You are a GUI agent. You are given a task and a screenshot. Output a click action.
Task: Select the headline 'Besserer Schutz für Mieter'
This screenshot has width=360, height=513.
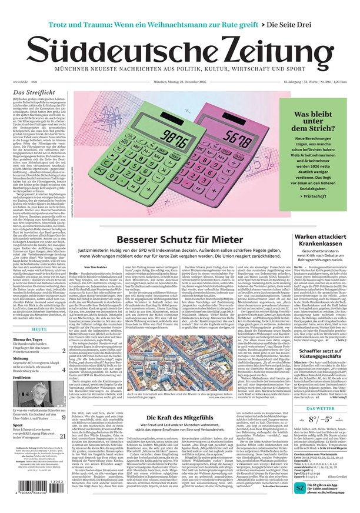(x=181, y=240)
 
